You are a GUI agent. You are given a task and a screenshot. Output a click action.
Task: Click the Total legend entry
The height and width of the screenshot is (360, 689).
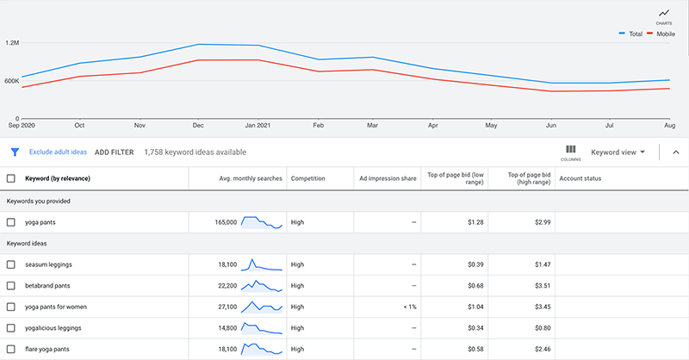point(636,34)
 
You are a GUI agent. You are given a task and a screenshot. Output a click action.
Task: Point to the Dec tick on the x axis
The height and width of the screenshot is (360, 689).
point(198,124)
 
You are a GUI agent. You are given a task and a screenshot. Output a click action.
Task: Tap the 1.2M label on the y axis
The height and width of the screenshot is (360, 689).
point(12,42)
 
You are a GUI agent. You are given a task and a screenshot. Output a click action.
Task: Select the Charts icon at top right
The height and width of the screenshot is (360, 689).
point(664,15)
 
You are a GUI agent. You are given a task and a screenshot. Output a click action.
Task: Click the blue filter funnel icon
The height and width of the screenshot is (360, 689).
point(15,152)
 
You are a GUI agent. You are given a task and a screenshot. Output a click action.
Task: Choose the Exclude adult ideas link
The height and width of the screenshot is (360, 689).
point(58,152)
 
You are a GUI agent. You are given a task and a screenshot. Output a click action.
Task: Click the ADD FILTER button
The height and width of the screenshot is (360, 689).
point(115,152)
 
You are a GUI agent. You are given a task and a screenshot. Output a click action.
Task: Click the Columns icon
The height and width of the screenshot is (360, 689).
point(571,152)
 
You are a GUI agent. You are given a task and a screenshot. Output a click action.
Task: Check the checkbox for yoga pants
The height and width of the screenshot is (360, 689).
point(11,222)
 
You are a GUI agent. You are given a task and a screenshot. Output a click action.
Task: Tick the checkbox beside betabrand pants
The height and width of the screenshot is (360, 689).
point(11,285)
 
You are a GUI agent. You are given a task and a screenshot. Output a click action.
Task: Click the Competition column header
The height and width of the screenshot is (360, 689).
point(308,178)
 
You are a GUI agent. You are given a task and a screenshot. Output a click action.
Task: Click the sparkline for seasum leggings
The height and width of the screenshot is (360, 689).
point(262,264)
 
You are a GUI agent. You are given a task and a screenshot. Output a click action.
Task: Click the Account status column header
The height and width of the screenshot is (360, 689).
point(581,178)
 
